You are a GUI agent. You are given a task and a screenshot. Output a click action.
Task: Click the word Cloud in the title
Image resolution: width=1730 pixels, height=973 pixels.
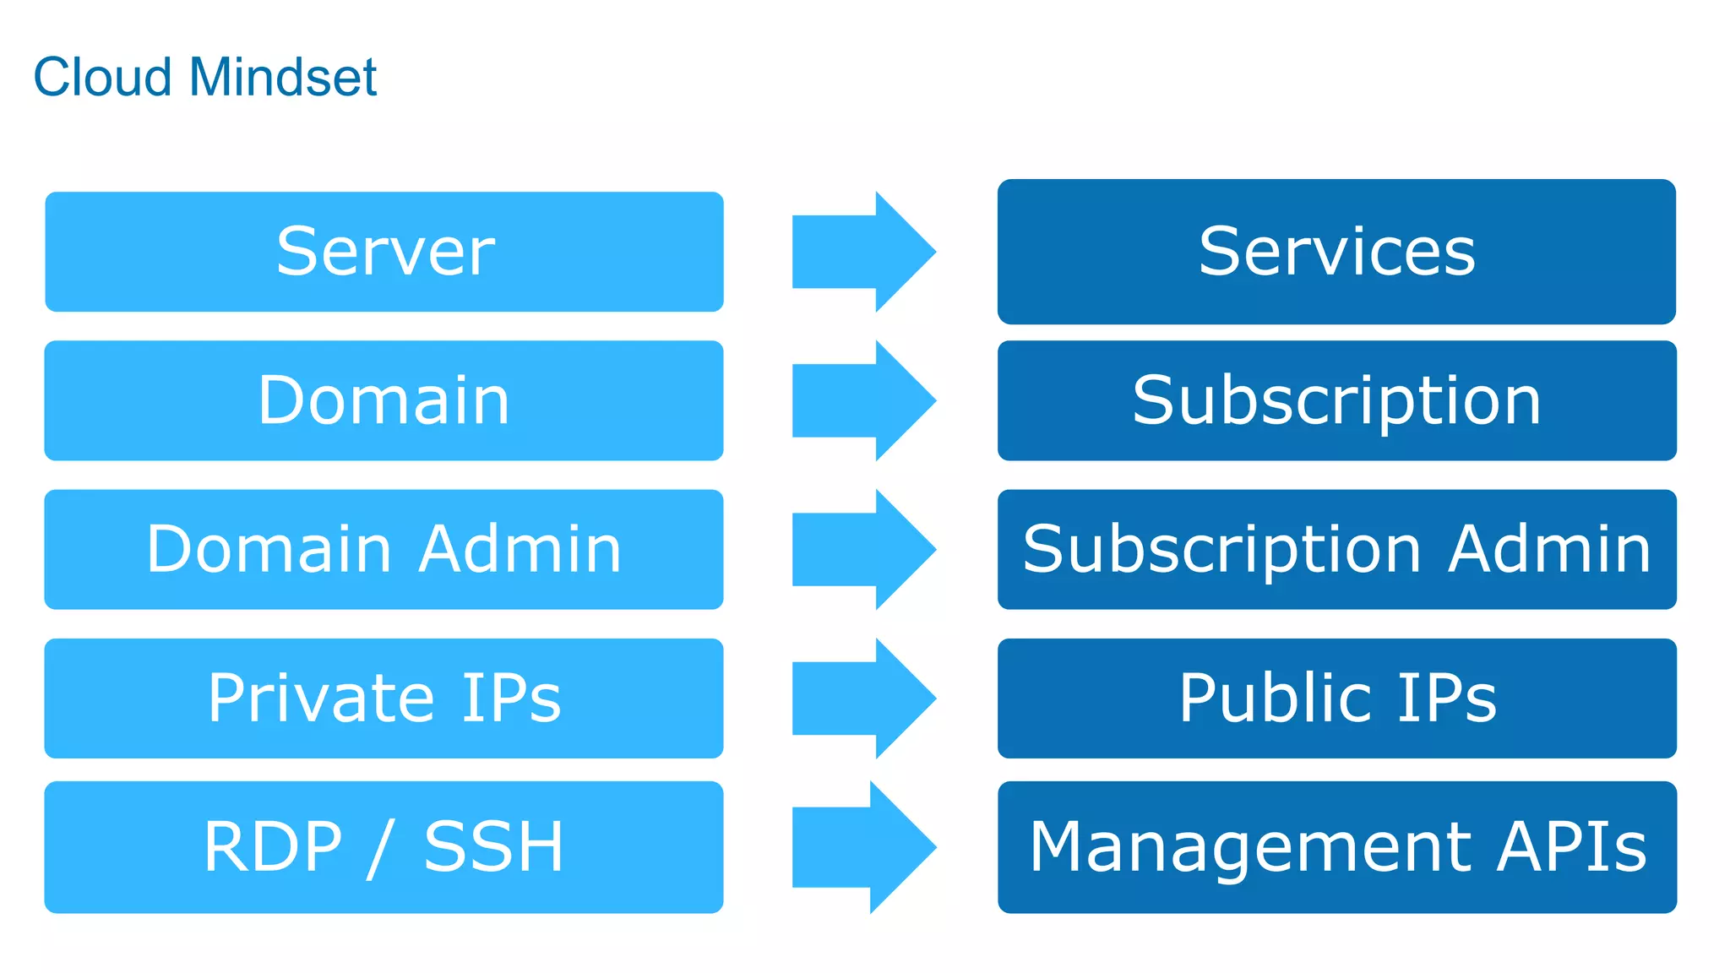(102, 78)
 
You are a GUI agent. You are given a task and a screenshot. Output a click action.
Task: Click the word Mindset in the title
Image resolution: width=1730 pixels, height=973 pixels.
(283, 78)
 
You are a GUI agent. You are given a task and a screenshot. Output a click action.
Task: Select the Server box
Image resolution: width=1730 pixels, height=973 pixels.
(384, 252)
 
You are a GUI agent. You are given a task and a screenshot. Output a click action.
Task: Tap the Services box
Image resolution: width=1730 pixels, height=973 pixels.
(1336, 252)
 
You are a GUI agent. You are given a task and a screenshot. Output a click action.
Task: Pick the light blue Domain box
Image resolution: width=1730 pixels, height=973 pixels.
(384, 400)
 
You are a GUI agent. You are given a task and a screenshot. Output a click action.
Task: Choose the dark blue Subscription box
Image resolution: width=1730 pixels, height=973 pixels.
(1336, 400)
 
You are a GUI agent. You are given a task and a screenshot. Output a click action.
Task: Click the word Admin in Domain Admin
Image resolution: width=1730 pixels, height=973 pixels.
(520, 549)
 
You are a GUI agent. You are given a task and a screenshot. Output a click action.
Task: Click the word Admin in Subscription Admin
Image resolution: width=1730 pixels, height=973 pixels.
(1549, 549)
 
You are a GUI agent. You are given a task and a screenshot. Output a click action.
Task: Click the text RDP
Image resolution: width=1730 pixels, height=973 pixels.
(273, 847)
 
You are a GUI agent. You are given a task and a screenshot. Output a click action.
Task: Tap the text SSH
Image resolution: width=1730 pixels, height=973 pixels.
(493, 847)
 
